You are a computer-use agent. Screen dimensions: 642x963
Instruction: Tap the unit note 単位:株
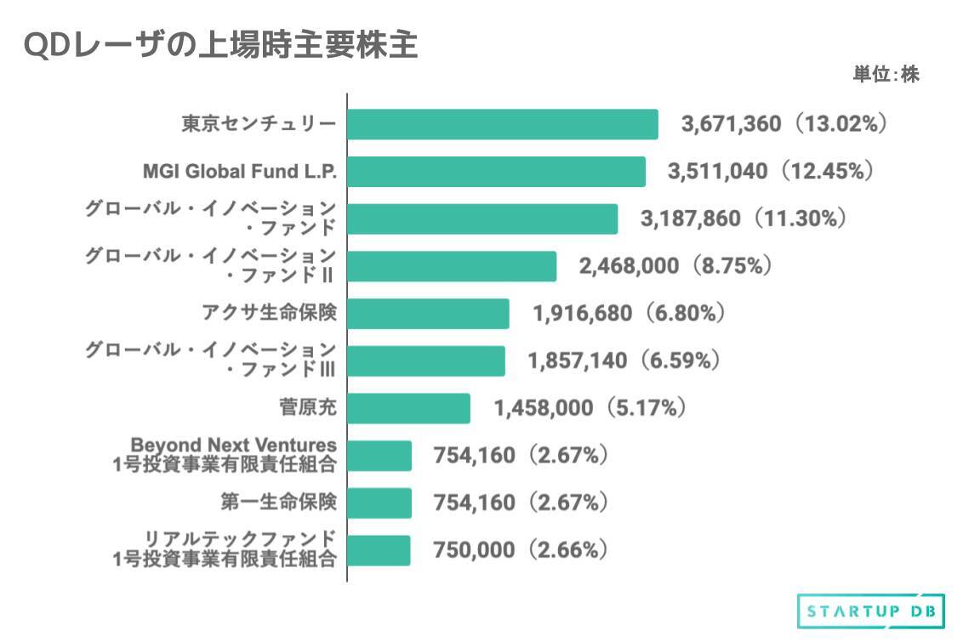(x=886, y=75)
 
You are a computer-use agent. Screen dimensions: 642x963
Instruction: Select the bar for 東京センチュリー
(x=502, y=124)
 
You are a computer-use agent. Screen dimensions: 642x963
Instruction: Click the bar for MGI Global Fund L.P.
(x=496, y=172)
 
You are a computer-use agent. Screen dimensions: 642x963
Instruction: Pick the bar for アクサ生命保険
(x=428, y=314)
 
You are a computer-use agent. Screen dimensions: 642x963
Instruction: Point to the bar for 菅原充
(x=408, y=408)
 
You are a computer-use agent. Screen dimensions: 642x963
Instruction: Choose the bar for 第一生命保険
(x=379, y=503)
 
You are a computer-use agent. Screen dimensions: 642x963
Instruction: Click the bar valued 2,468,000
(x=452, y=266)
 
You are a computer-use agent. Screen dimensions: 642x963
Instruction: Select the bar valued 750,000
(x=379, y=550)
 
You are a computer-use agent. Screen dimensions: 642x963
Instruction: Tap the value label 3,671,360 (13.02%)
(x=784, y=124)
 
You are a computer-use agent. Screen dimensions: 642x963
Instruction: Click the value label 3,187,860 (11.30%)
(x=743, y=219)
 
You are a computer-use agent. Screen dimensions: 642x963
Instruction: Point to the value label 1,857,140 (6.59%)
(x=624, y=361)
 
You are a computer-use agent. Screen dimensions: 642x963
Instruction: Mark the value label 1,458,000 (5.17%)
(x=590, y=408)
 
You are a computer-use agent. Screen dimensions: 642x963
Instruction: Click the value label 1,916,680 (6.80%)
(x=629, y=314)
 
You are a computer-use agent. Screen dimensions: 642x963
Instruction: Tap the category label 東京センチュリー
(x=259, y=124)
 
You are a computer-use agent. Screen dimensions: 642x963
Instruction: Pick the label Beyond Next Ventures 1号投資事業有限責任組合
(x=225, y=455)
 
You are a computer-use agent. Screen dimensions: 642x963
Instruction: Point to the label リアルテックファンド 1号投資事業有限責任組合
(x=225, y=549)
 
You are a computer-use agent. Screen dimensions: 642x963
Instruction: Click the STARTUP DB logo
(x=870, y=611)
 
